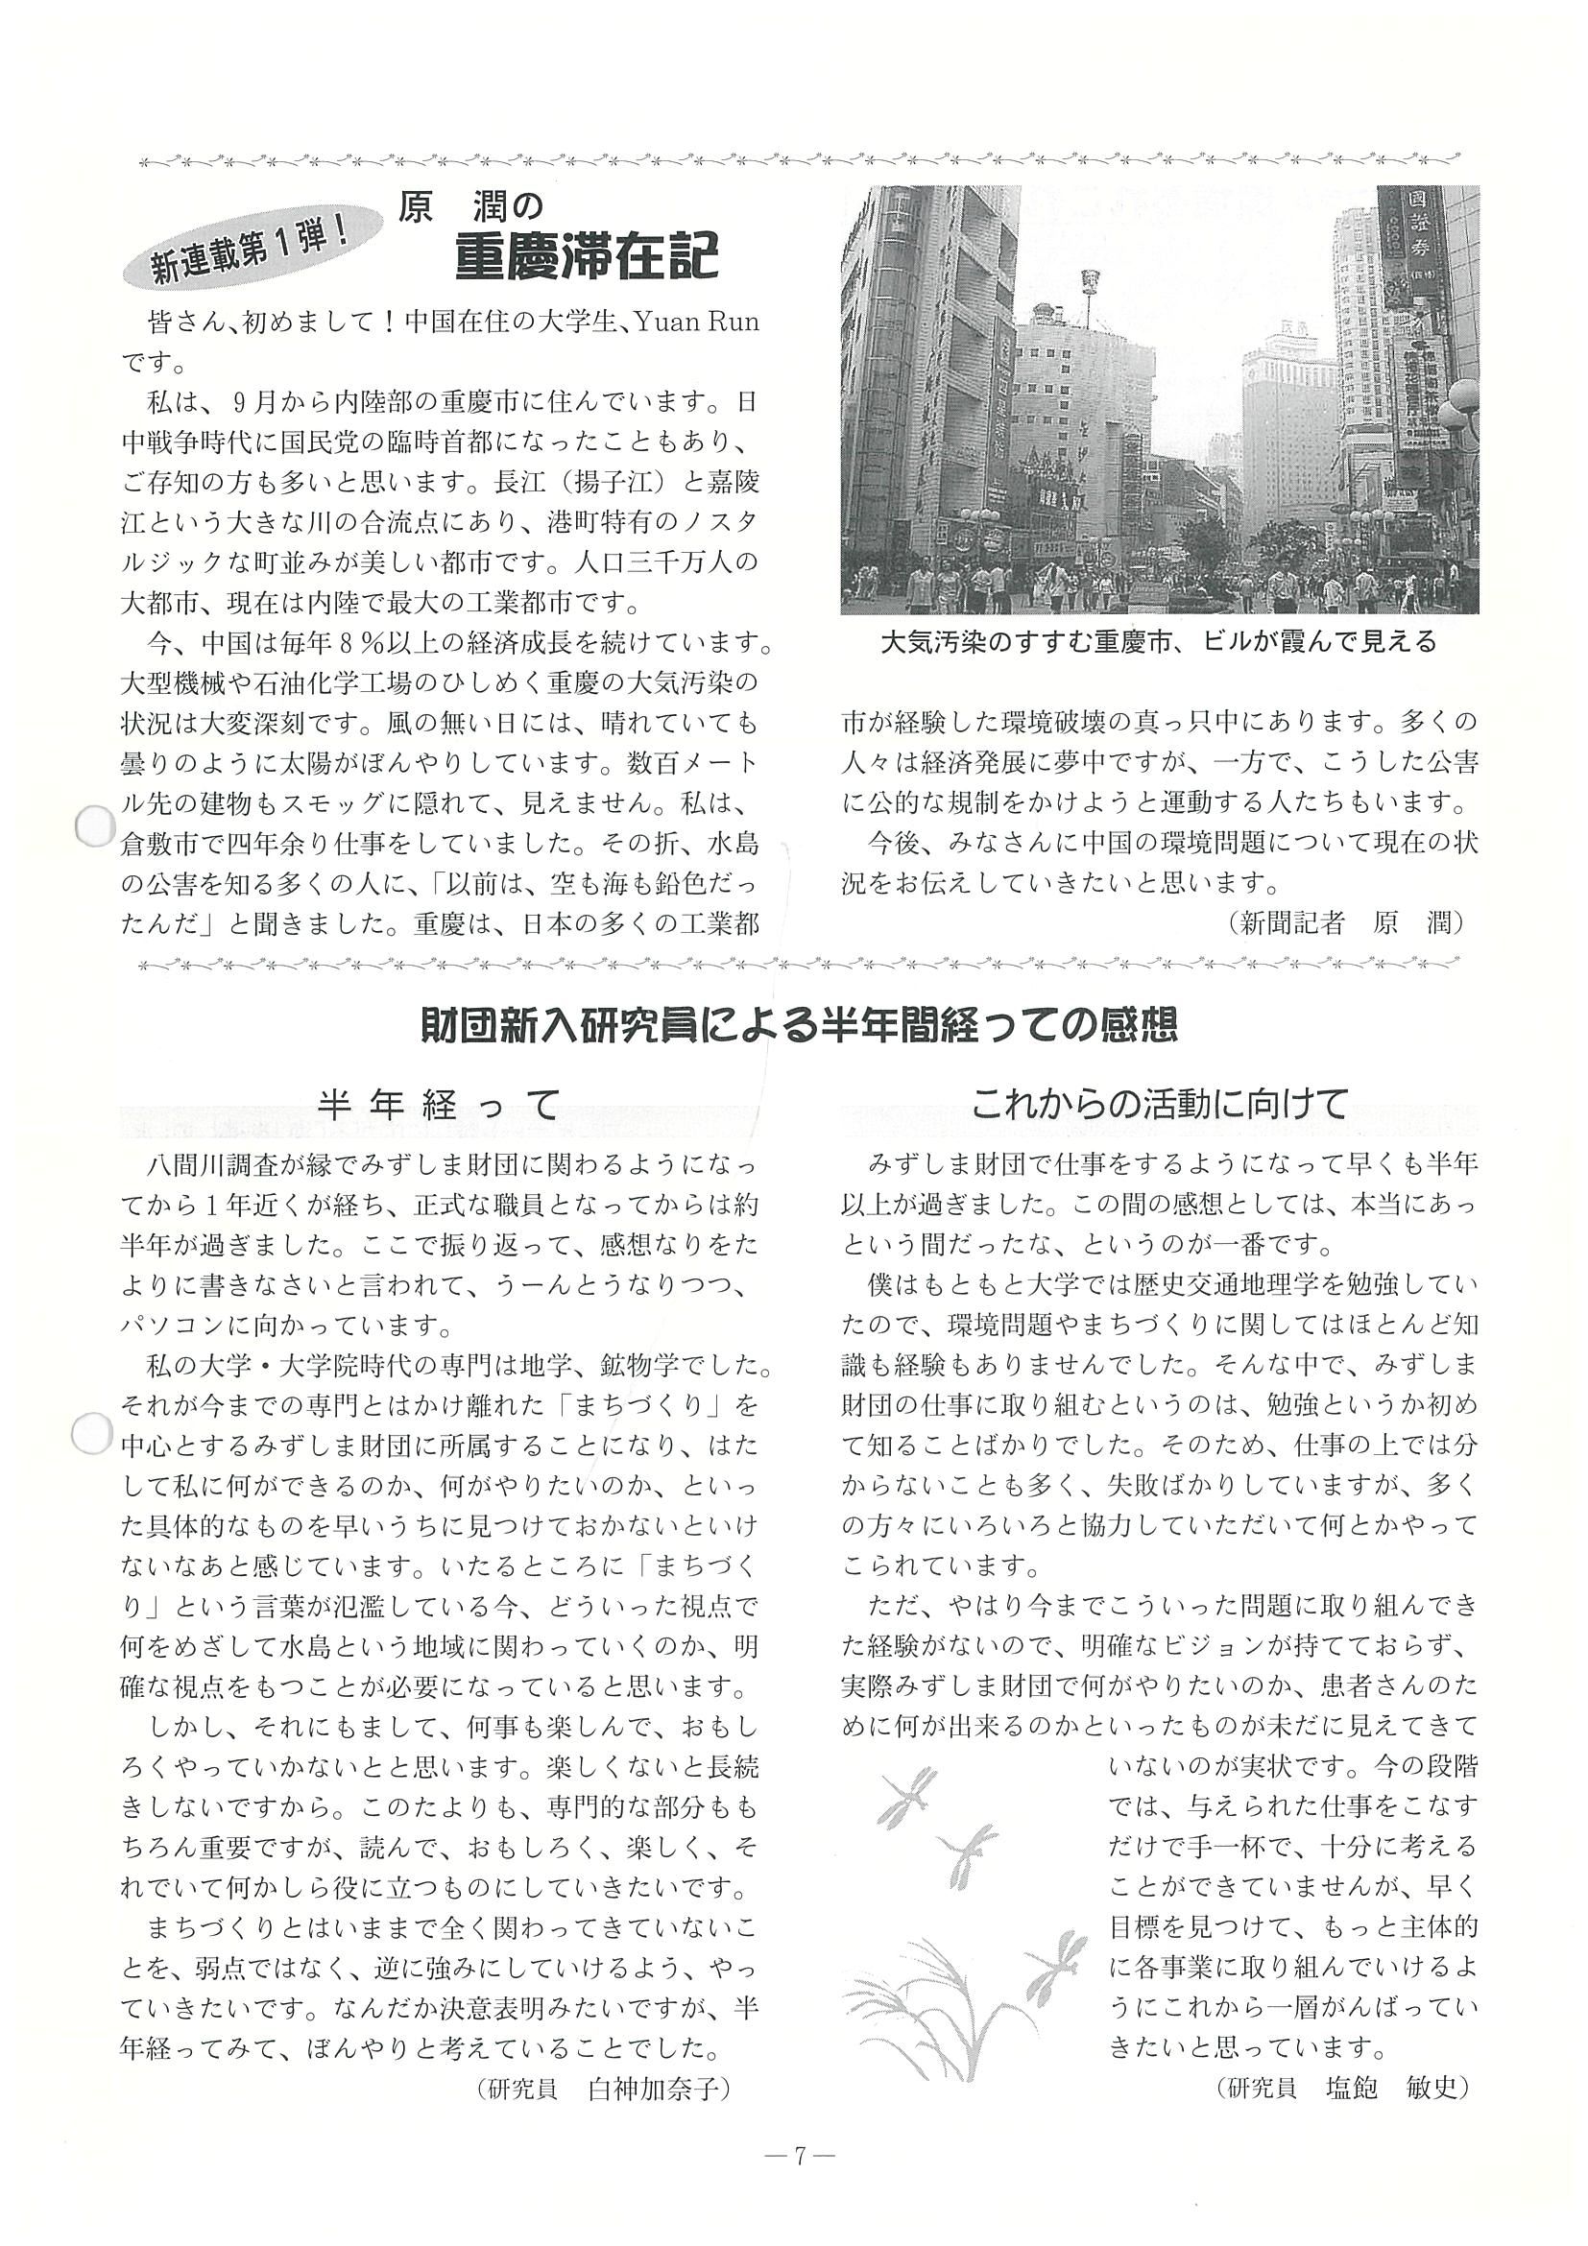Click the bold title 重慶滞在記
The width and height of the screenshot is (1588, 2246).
pos(586,258)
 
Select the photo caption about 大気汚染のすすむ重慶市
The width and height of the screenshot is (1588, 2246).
pos(1159,643)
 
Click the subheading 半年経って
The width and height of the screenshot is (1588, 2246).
pos(440,1104)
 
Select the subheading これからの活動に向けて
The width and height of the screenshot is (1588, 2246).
pos(1160,1104)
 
